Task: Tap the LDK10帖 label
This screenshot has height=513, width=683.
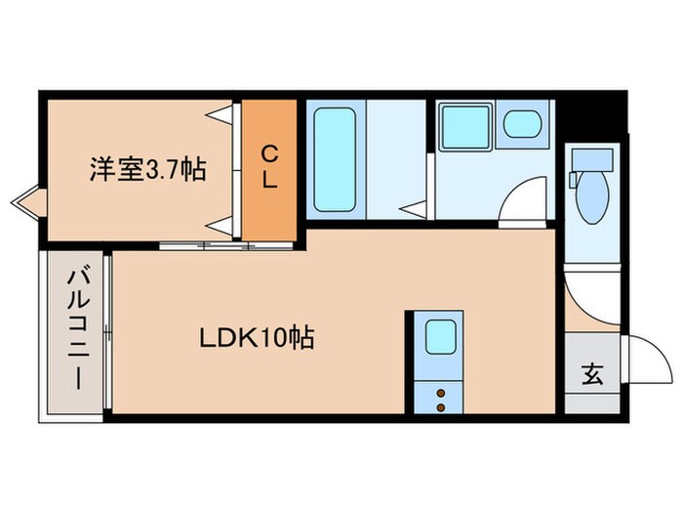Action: (x=257, y=339)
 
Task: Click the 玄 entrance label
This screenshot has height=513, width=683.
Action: (x=592, y=374)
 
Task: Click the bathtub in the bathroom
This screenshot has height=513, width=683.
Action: (x=334, y=160)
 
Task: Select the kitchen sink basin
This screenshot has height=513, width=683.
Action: (x=438, y=337)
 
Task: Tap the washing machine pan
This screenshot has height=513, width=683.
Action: (x=465, y=125)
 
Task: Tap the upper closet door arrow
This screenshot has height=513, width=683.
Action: (x=224, y=114)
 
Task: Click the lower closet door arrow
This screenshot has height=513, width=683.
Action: (x=224, y=223)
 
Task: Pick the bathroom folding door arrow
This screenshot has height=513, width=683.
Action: (x=417, y=207)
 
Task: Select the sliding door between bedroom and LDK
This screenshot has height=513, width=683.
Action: (x=226, y=244)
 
